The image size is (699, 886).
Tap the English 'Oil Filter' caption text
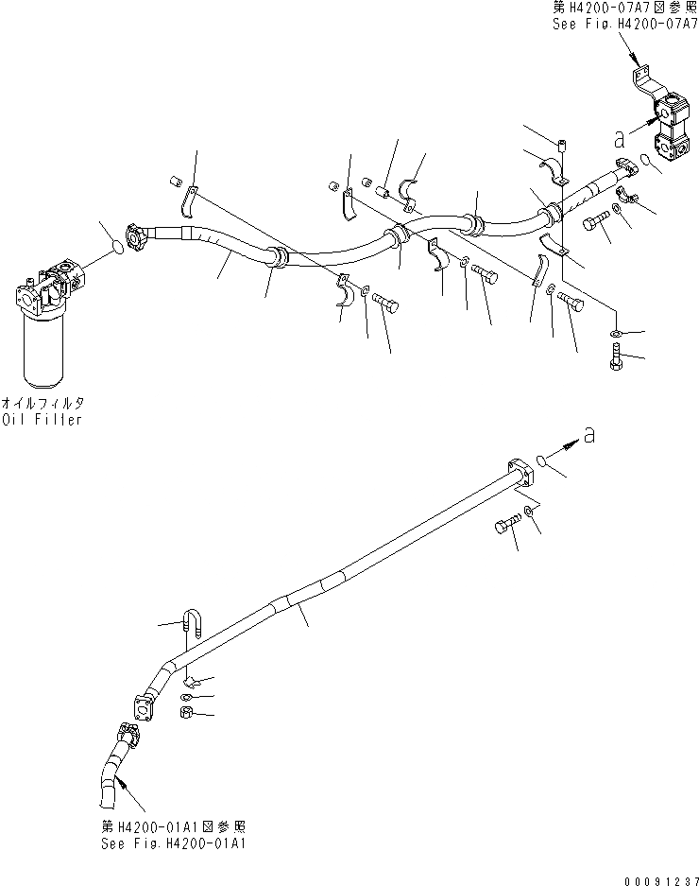[42, 420]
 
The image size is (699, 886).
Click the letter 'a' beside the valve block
[620, 140]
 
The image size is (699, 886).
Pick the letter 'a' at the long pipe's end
[589, 434]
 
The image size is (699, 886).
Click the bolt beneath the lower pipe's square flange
[504, 527]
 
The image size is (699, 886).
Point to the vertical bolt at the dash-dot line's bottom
[614, 358]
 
